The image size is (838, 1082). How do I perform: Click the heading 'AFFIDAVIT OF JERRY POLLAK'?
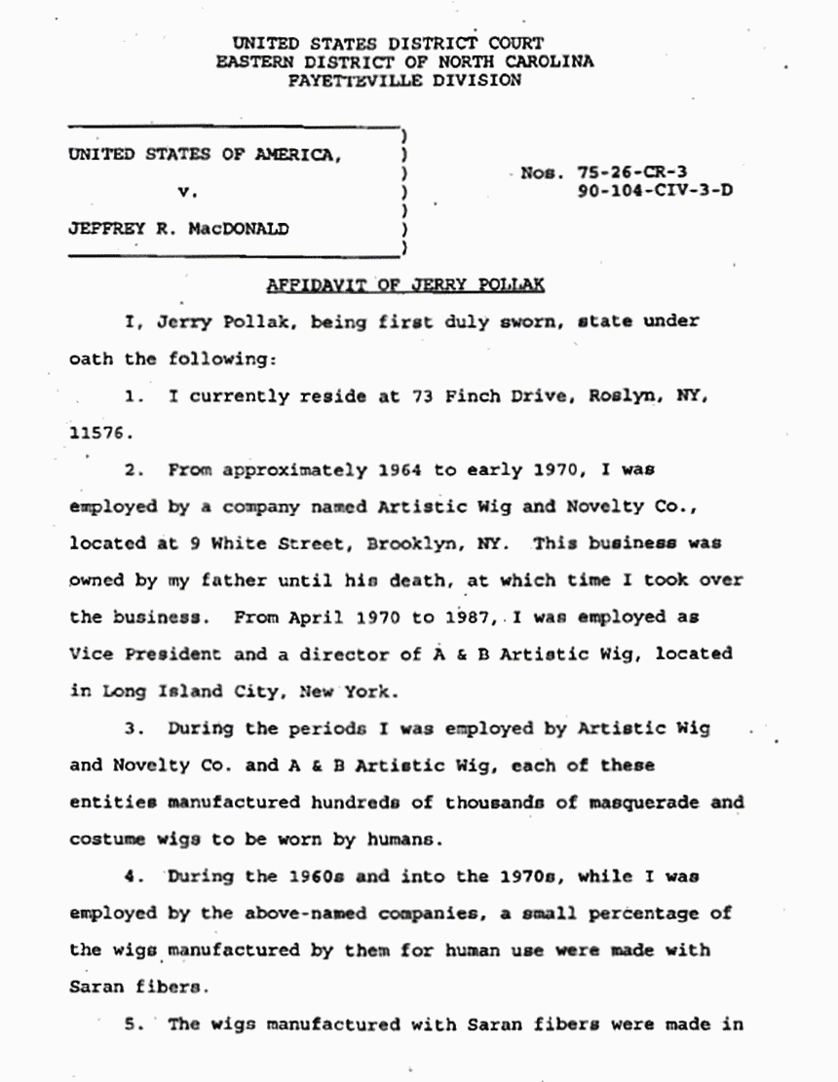click(x=405, y=285)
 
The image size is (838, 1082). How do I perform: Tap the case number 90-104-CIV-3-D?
click(x=655, y=191)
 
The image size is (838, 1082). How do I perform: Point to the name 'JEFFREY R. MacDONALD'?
click(x=178, y=230)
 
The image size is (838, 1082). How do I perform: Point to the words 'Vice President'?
click(x=146, y=653)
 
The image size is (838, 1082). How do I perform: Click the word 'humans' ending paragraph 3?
click(x=410, y=839)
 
